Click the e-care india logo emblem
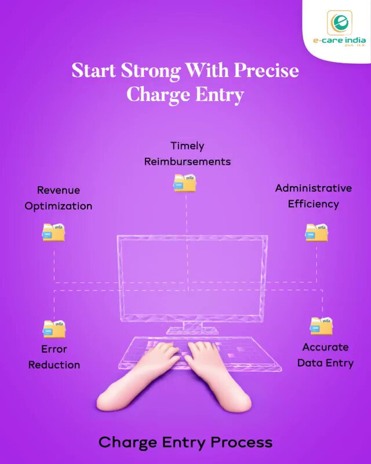point(339,23)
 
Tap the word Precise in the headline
point(266,70)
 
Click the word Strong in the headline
point(150,71)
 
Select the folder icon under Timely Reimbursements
point(184,183)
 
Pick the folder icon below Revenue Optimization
point(53,232)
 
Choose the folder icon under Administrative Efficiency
point(317,233)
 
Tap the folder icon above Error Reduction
point(54,329)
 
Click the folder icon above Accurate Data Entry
point(321,326)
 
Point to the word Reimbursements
point(187,162)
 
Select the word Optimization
point(59,206)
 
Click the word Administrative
point(313,188)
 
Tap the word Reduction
point(54,365)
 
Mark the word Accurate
point(325,347)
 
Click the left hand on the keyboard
point(139,376)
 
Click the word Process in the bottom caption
point(241,443)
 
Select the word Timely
point(187,146)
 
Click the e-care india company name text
point(339,41)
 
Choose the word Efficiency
point(313,204)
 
